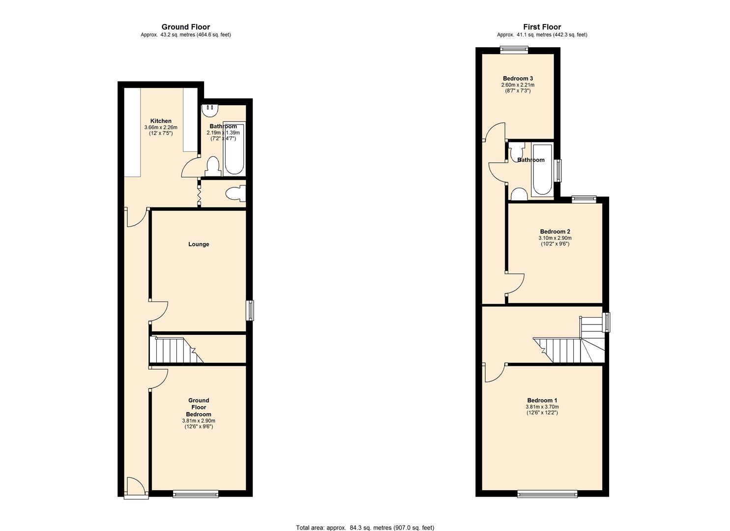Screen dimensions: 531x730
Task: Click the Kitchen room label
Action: tap(161, 121)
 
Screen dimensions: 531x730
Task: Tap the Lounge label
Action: tap(199, 244)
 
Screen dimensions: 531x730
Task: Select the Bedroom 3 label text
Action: tap(518, 79)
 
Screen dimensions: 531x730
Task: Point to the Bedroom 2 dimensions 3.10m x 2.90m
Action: tap(555, 238)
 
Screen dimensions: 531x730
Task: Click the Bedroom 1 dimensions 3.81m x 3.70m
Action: tap(542, 407)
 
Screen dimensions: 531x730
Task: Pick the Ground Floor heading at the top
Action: tap(186, 27)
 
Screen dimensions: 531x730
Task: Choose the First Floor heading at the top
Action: tap(542, 27)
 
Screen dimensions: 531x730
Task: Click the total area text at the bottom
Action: tap(365, 528)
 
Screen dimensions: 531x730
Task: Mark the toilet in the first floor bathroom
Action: tap(518, 194)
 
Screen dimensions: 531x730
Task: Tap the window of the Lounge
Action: tap(250, 310)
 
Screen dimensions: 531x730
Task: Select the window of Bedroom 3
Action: tap(514, 49)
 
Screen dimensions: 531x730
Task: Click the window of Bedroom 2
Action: tap(584, 199)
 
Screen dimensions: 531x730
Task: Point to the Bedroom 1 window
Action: tap(547, 494)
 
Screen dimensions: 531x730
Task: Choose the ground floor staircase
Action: tap(175, 350)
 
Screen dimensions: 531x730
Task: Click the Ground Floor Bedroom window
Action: tap(195, 494)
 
